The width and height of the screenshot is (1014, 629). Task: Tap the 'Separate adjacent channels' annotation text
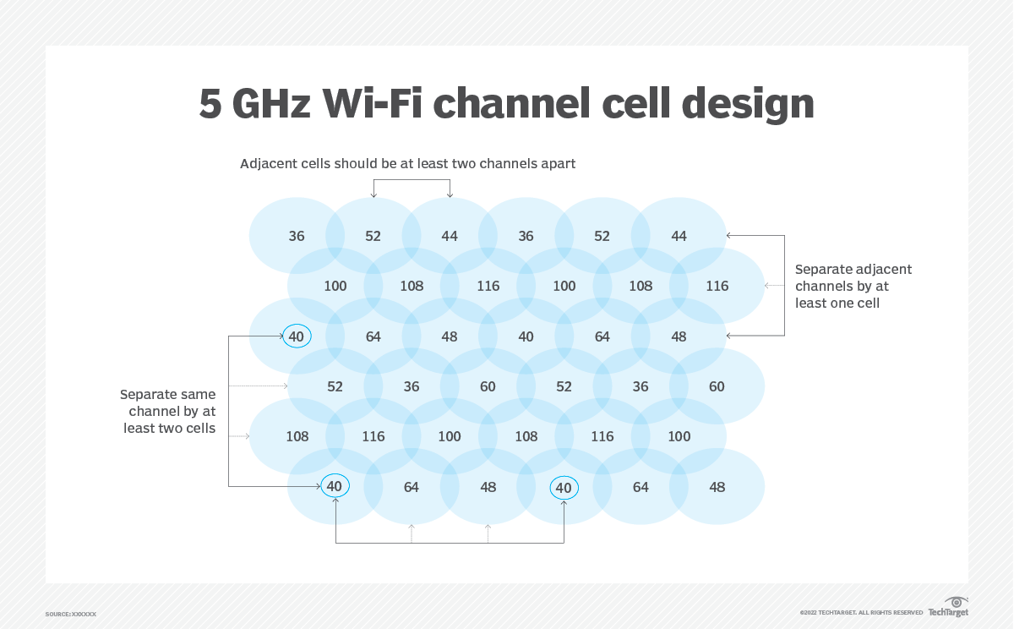pyautogui.click(x=853, y=286)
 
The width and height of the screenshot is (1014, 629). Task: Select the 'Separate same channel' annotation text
pyautogui.click(x=167, y=411)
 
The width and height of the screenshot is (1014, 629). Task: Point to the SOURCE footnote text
pyautogui.click(x=71, y=614)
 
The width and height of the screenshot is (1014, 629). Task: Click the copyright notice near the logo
pyautogui.click(x=861, y=612)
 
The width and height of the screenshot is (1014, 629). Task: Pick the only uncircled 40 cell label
pyautogui.click(x=526, y=336)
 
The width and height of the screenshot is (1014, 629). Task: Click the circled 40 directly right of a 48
pyautogui.click(x=564, y=487)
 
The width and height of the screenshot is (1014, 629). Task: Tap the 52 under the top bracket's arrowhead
pyautogui.click(x=373, y=236)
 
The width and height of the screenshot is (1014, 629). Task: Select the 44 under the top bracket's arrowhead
pyautogui.click(x=450, y=236)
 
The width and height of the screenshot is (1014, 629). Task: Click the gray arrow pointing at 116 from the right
pyautogui.click(x=769, y=286)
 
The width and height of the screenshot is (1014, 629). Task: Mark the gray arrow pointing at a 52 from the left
pyautogui.click(x=284, y=386)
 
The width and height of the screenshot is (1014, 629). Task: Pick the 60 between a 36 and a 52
pyautogui.click(x=488, y=386)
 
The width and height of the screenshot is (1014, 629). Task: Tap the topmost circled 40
pyautogui.click(x=297, y=336)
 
